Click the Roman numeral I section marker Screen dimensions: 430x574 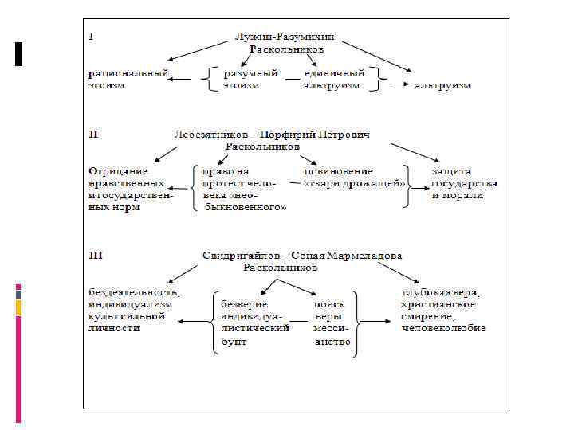90,35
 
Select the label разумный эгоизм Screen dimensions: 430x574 250,79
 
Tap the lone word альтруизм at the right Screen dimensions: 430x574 442,85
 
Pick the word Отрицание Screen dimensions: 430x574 118,171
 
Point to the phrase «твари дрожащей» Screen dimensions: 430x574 356,183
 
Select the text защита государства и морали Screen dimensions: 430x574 465,183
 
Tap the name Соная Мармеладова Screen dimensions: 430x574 348,256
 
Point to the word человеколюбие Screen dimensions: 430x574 443,328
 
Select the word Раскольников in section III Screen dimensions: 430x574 280,268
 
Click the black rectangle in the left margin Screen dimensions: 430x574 18,53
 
